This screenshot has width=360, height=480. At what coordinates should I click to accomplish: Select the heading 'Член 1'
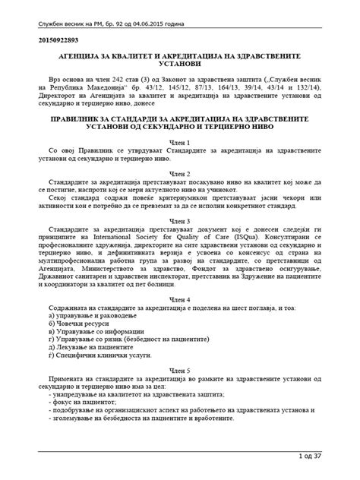180,143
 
